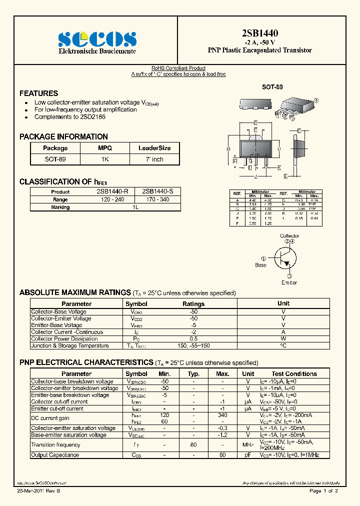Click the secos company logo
point(97,39)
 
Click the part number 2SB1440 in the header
point(260,33)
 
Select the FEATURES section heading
point(38,93)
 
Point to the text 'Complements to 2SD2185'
point(69,117)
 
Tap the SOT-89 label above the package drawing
point(272,87)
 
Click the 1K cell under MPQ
point(104,159)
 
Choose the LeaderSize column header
point(154,148)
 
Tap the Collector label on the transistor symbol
point(289,235)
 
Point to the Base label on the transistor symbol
point(261,265)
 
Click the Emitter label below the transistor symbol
point(289,282)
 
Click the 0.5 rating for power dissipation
point(193,339)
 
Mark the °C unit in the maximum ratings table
point(283,345)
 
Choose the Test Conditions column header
point(294,373)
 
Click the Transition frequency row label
point(55,445)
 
